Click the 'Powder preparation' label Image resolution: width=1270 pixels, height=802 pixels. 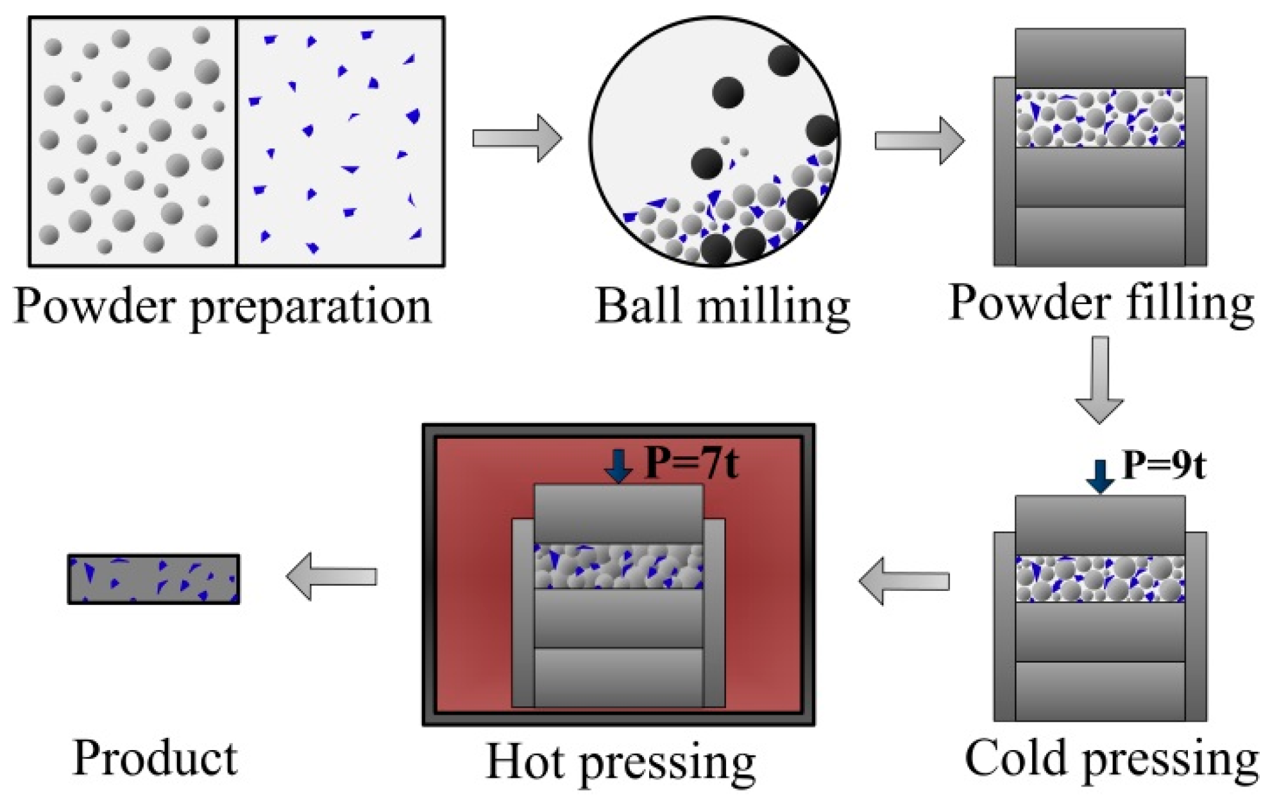223,307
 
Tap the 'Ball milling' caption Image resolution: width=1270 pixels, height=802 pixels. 723,307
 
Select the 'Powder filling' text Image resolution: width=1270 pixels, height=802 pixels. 1101,303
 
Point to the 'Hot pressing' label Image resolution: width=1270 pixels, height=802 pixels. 620,762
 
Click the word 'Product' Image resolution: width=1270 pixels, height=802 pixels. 155,758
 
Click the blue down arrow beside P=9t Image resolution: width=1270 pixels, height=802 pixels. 1100,476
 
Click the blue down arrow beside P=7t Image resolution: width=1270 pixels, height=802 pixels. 619,466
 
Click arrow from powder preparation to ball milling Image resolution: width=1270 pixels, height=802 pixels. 517,138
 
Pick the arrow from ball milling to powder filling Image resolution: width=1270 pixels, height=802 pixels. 919,140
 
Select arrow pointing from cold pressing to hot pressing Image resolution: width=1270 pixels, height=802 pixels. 904,581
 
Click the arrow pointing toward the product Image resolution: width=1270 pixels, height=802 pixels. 331,576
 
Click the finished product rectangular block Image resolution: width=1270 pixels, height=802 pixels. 154,579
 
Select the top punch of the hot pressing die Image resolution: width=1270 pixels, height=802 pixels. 619,513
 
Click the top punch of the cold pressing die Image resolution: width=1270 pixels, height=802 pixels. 1100,525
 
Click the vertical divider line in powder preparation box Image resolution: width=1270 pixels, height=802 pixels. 237,141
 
